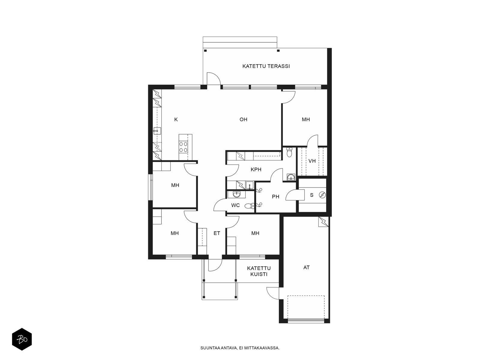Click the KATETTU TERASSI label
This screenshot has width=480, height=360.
click(x=266, y=66)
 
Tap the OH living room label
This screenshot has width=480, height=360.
click(x=243, y=119)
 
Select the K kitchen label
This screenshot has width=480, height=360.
click(x=176, y=119)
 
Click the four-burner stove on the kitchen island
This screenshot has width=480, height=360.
click(x=183, y=147)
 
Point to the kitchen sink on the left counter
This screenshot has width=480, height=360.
click(x=157, y=131)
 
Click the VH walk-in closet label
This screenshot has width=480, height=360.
click(x=312, y=161)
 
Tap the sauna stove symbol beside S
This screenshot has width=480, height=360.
click(x=322, y=195)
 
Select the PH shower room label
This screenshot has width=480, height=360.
click(x=275, y=197)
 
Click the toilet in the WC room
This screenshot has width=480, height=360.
click(x=250, y=206)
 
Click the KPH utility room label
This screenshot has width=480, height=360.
click(x=256, y=169)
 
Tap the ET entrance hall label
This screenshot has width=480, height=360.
click(x=217, y=233)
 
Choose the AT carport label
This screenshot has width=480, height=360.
click(x=306, y=267)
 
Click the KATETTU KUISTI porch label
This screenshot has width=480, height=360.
click(x=259, y=271)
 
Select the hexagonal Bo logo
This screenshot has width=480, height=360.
click(x=22, y=339)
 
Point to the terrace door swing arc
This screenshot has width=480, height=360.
click(x=215, y=75)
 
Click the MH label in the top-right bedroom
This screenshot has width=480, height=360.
click(x=306, y=119)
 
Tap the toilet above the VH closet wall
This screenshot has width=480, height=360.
click(x=289, y=152)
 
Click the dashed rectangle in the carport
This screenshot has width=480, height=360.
click(x=306, y=296)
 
